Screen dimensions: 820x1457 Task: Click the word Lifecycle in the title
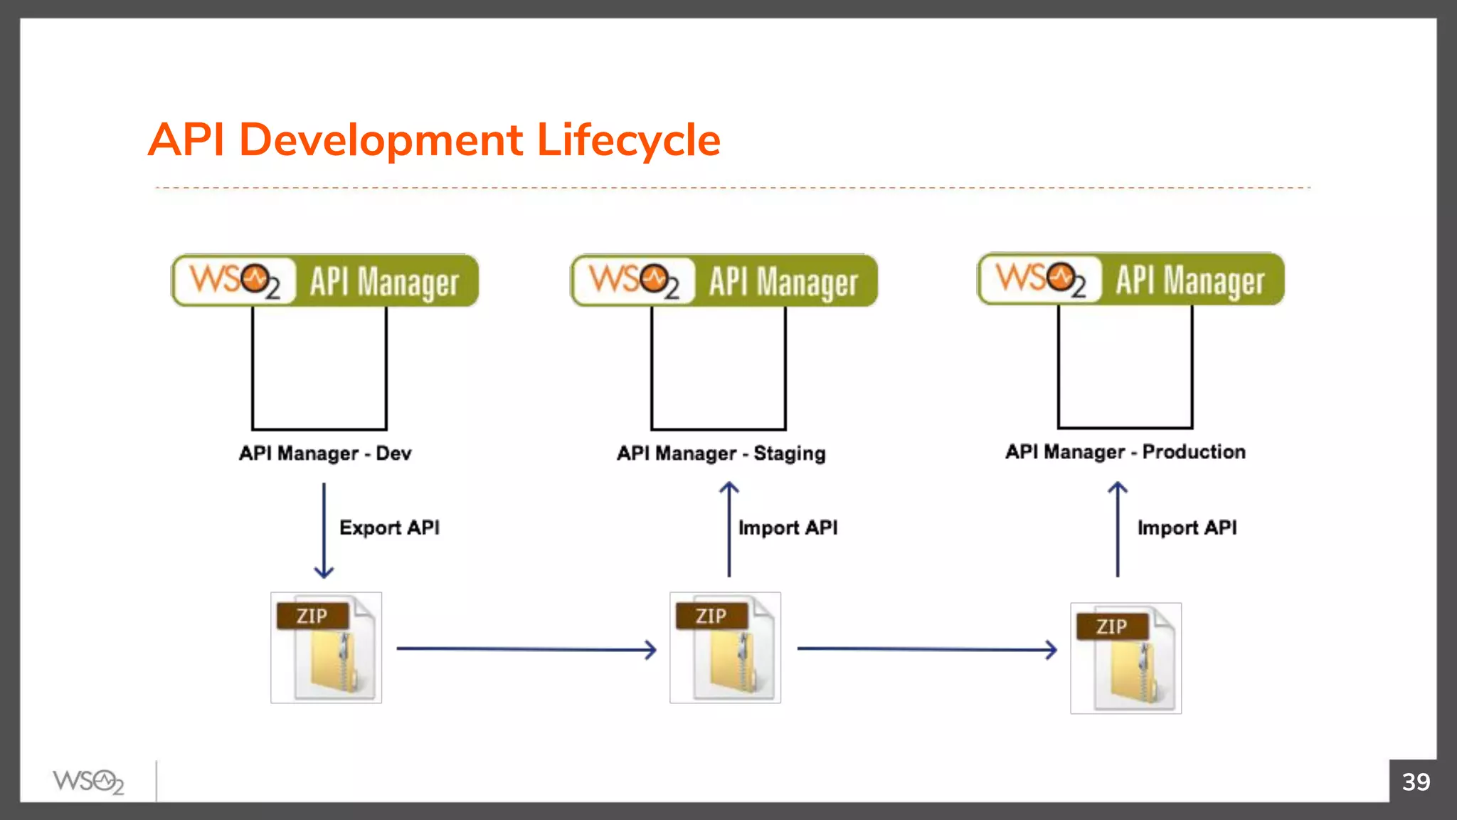(x=628, y=140)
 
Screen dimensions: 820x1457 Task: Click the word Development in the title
(x=381, y=140)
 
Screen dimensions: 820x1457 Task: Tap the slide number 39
(x=1415, y=782)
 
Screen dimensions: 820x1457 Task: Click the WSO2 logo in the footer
(x=88, y=782)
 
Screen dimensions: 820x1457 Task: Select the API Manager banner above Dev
(x=325, y=280)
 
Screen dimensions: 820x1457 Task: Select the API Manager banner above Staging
(x=724, y=280)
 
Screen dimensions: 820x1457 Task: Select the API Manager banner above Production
(x=1131, y=279)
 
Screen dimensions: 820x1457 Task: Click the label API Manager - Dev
(x=325, y=453)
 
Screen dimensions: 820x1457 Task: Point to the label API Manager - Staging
(x=721, y=453)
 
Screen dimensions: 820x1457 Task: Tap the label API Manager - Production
(x=1125, y=452)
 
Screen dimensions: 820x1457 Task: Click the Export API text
(x=389, y=527)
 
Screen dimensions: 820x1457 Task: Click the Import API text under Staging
(x=788, y=527)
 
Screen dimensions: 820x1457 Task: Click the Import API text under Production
(x=1187, y=527)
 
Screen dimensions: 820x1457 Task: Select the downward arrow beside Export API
(x=324, y=530)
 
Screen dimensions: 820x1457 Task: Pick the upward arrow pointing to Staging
(x=729, y=530)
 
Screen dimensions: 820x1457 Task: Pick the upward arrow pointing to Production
(x=1118, y=530)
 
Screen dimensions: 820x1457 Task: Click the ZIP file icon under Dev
(x=326, y=648)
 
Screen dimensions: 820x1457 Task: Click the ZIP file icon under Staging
(x=725, y=648)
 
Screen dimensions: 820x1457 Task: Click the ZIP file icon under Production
(x=1125, y=658)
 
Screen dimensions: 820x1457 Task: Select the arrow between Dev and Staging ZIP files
(x=526, y=649)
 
